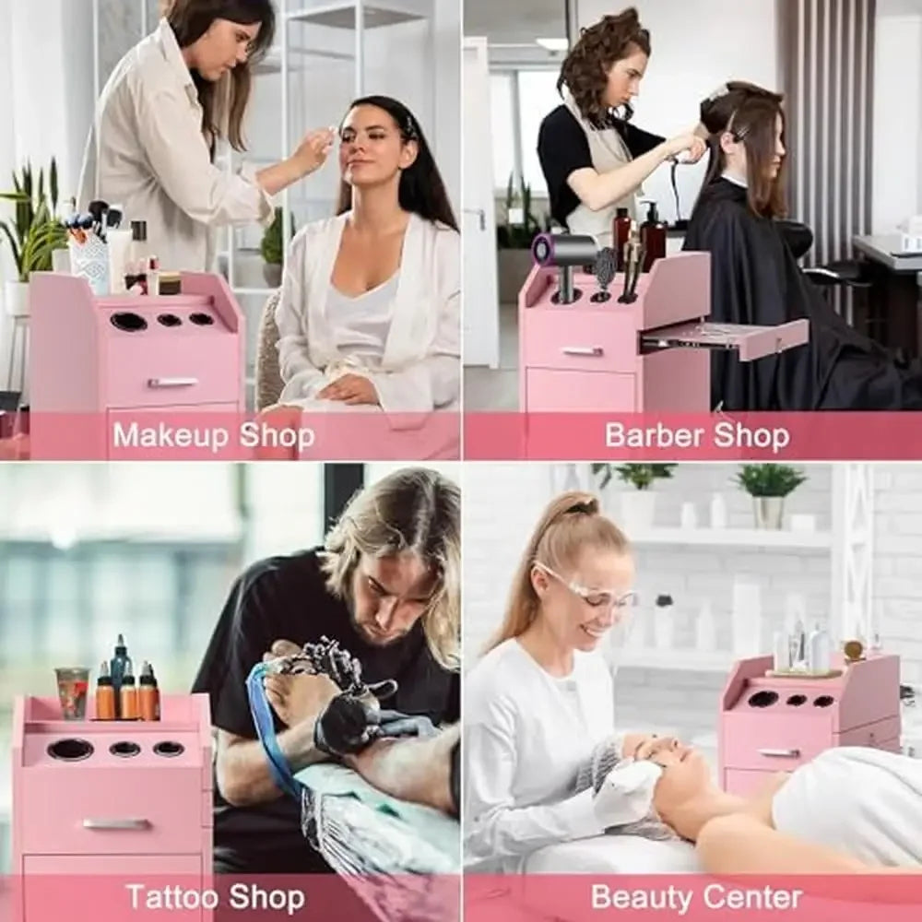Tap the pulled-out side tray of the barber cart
(x=724, y=336)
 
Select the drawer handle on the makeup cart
(x=172, y=382)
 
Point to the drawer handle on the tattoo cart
(x=117, y=823)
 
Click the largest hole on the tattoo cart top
(x=71, y=749)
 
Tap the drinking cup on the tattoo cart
(x=72, y=692)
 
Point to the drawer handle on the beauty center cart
(x=779, y=752)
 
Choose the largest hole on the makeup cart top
(x=128, y=322)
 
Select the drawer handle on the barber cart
(x=582, y=351)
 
